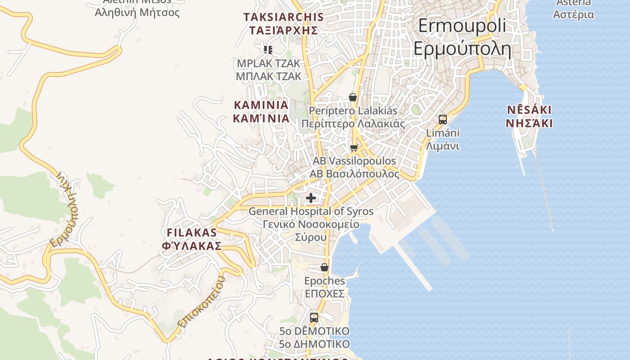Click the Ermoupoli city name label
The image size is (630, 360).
coord(462,26)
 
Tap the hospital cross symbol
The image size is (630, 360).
coord(311,198)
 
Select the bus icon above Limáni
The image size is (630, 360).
coord(443,120)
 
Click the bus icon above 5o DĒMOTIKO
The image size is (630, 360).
coord(314,317)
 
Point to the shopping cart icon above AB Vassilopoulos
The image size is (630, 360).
coord(354,148)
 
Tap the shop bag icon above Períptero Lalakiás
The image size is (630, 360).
coord(353,97)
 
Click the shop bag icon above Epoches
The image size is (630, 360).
coord(324,268)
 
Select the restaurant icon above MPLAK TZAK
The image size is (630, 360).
coord(268,49)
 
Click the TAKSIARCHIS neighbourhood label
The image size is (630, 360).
coord(283,17)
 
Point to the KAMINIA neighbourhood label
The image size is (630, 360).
coord(261,105)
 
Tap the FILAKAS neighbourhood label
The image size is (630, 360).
coord(192,233)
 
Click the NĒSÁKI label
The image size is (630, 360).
coord(529,110)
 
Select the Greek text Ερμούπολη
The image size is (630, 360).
coord(462,49)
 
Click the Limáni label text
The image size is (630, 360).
coord(443,133)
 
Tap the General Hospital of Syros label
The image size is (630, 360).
coord(311,211)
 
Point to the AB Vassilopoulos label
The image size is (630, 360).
coord(355,161)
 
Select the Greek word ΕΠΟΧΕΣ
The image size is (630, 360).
coord(324,294)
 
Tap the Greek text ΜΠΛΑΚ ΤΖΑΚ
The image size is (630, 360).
coord(269,76)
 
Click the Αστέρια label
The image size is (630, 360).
coord(573,14)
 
